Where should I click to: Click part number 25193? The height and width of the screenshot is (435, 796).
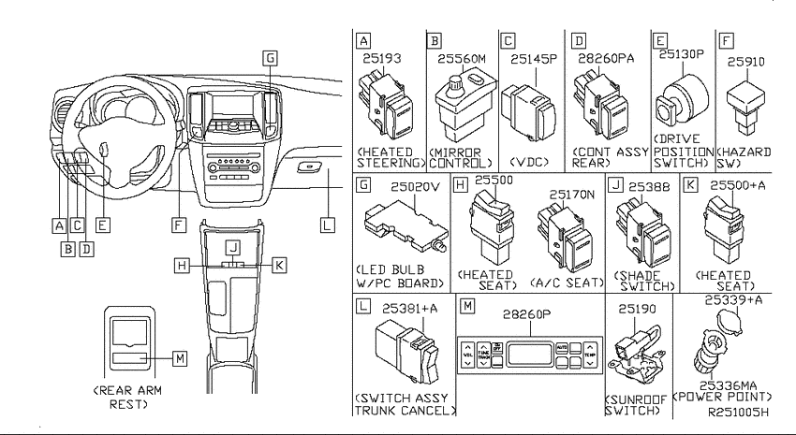pos(382,58)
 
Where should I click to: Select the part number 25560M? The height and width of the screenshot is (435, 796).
pos(462,59)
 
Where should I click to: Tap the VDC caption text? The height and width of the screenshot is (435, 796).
pos(529,162)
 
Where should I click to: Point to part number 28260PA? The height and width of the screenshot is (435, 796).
pos(606,59)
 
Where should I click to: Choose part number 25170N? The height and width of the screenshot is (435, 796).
pos(571,195)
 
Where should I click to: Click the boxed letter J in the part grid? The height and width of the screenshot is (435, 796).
pos(616,184)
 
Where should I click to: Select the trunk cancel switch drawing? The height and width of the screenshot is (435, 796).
pos(406,352)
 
